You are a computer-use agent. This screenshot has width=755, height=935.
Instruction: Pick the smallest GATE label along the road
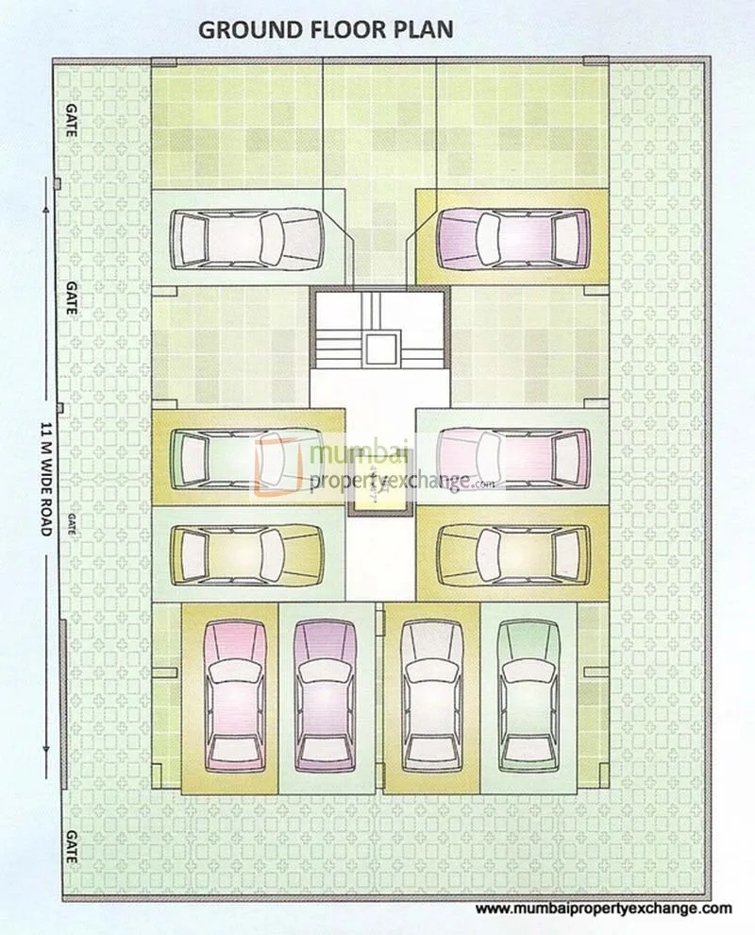72,525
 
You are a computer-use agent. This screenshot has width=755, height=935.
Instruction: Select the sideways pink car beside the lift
513,457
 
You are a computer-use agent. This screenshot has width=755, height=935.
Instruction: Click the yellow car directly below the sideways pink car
513,553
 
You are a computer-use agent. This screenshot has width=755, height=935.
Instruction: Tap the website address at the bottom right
603,909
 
